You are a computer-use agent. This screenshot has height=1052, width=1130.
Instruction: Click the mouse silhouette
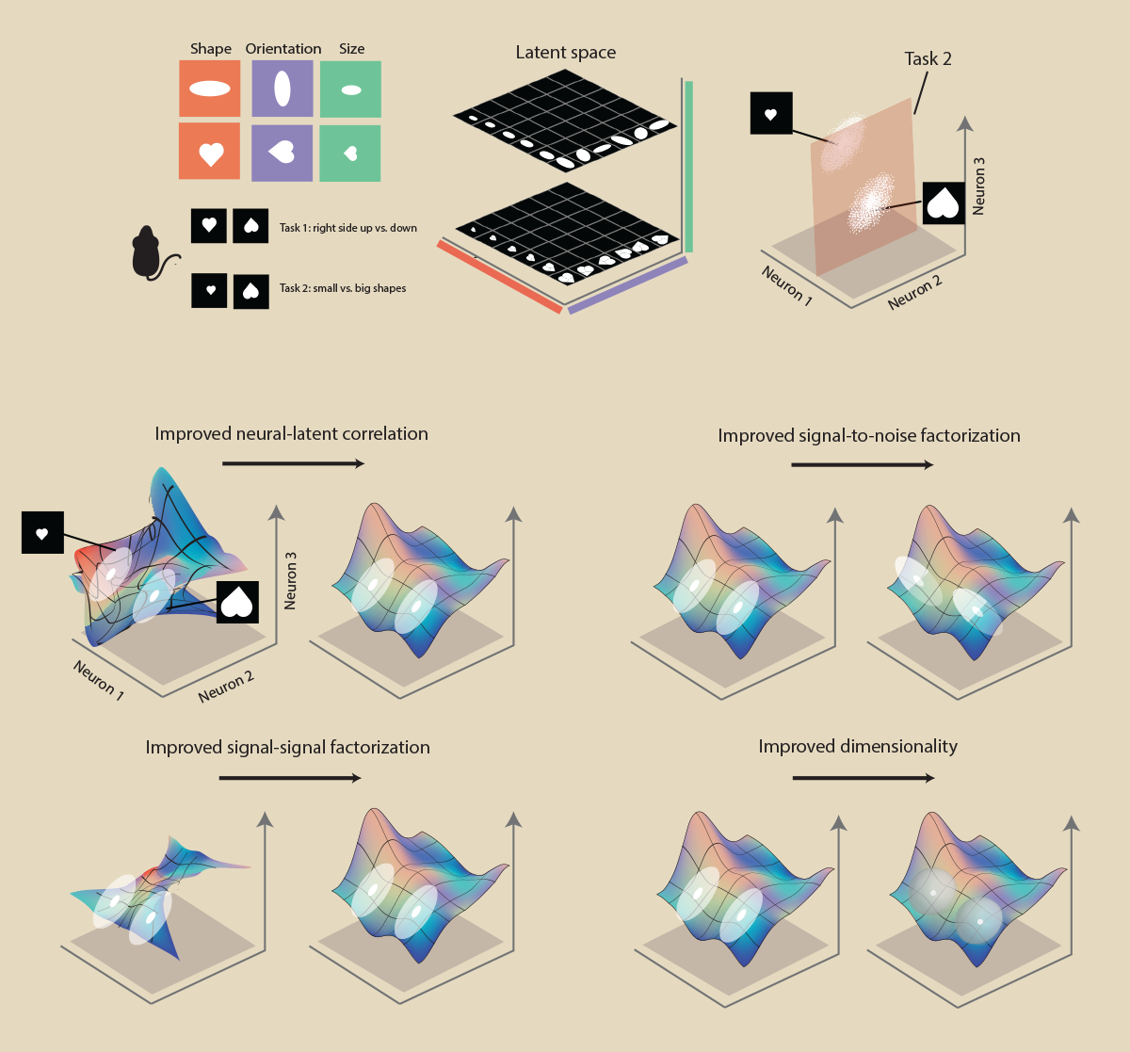click(x=149, y=253)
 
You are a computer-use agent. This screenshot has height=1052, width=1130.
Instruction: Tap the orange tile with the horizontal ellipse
click(x=209, y=89)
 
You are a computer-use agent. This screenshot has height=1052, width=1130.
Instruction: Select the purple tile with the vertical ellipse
click(x=282, y=89)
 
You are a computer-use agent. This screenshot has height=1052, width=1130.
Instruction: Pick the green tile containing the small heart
click(x=350, y=154)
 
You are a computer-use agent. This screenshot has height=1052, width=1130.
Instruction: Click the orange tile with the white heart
click(x=209, y=151)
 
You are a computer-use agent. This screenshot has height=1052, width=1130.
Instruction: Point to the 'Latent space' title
click(x=566, y=53)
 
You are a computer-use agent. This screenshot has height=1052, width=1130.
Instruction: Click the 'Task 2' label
click(x=928, y=58)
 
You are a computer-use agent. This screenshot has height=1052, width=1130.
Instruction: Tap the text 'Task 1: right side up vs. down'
click(x=347, y=228)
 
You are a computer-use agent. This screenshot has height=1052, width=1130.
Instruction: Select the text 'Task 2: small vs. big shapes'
click(x=343, y=288)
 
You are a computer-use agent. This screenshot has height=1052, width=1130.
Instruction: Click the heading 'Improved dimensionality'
click(x=858, y=746)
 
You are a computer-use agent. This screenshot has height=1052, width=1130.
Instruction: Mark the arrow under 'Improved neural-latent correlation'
click(x=293, y=463)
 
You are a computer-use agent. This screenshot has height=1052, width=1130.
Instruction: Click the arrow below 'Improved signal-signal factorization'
click(x=290, y=778)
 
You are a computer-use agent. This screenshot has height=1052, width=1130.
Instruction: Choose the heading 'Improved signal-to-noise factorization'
click(x=869, y=435)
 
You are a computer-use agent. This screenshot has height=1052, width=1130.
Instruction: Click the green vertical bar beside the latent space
click(x=688, y=166)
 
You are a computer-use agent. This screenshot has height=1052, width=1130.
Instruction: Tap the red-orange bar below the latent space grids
click(x=500, y=276)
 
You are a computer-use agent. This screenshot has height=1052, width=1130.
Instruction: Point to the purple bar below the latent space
click(x=628, y=285)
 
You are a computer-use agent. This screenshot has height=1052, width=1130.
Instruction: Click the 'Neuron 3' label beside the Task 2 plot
click(x=978, y=186)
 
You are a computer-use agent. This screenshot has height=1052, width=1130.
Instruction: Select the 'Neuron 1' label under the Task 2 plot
click(x=787, y=285)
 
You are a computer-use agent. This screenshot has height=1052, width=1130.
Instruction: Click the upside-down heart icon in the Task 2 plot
click(x=944, y=203)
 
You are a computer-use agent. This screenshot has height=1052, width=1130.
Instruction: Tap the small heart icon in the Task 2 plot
click(x=771, y=113)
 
